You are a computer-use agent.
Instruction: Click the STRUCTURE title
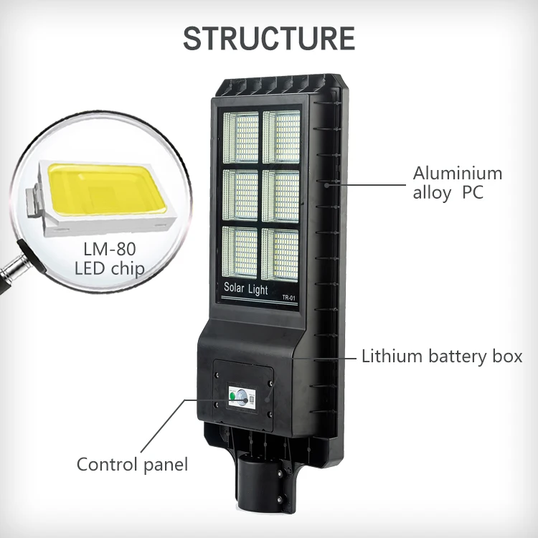[269, 38]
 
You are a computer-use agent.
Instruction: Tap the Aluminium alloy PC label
[458, 183]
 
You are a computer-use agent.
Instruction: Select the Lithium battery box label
[441, 356]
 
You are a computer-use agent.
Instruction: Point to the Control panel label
[132, 464]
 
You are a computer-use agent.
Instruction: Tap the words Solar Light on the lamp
[246, 291]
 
